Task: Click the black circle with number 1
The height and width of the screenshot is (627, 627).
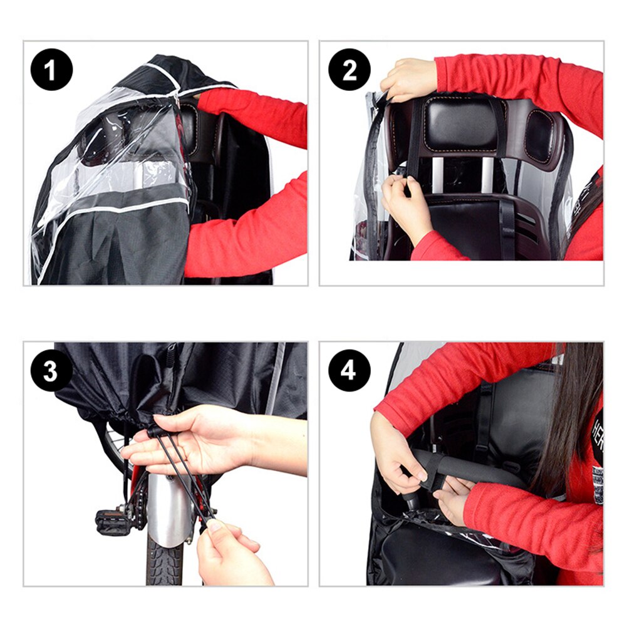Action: tap(51, 70)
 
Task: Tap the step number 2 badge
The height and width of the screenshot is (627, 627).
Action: tap(349, 70)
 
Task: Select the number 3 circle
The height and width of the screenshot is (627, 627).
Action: tap(51, 370)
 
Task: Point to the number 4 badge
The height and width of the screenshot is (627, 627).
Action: tap(349, 370)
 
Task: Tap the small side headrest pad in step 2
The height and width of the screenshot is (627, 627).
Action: tap(539, 135)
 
